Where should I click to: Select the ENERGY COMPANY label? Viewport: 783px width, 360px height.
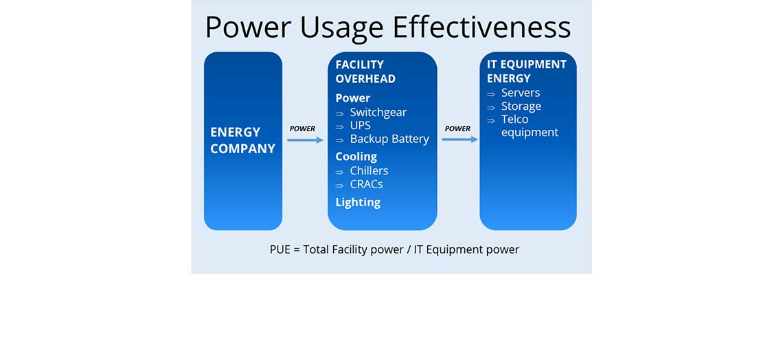point(242,140)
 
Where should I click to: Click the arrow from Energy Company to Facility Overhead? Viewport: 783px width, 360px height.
point(305,140)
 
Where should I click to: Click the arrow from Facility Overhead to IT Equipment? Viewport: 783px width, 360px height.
point(460,139)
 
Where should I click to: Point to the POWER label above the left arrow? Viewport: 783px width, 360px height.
point(302,129)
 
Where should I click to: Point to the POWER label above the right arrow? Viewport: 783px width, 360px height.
point(457,129)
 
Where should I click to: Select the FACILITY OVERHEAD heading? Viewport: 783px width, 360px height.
point(365,72)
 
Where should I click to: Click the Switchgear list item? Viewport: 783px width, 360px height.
point(378,113)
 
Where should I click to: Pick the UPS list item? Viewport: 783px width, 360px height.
point(360,126)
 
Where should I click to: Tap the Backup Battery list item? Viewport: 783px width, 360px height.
point(389,139)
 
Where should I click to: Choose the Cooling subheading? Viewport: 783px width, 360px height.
point(356,157)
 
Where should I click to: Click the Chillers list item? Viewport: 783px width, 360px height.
point(369,171)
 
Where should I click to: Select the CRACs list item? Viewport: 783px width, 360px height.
point(367,184)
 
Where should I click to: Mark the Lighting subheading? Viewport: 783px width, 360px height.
point(358,203)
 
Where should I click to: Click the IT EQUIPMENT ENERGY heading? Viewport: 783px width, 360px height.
point(527,71)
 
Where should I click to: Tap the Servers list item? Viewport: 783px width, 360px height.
point(521,93)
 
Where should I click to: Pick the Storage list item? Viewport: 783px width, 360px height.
point(521,106)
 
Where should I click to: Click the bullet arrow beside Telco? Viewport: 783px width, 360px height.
point(491,120)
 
